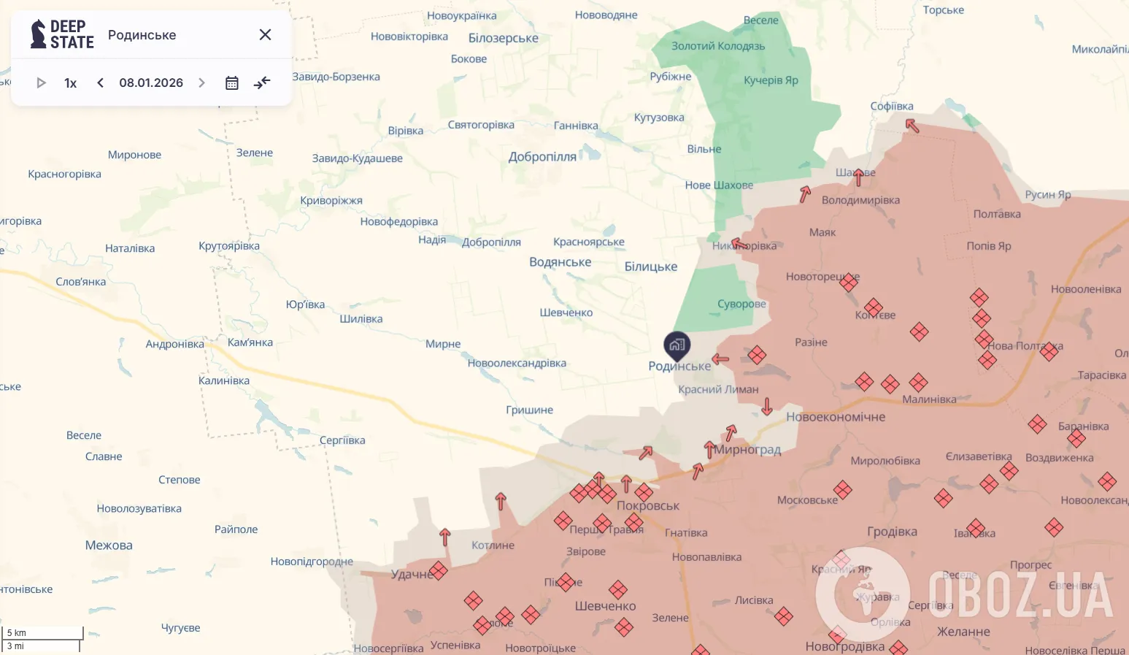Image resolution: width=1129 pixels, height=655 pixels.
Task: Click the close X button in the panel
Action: [265, 35]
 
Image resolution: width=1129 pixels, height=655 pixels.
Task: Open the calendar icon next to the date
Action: [232, 83]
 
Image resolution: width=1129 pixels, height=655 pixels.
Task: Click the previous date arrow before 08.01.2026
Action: [101, 83]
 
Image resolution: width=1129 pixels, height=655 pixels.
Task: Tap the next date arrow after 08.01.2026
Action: [202, 83]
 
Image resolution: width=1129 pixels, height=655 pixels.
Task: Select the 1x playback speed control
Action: [71, 83]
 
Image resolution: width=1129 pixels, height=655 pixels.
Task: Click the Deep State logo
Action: [62, 34]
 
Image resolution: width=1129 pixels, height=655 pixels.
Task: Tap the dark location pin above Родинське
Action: [677, 345]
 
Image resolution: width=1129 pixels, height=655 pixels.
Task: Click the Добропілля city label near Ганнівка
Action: [542, 157]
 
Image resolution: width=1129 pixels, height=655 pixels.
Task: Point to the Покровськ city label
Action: [648, 505]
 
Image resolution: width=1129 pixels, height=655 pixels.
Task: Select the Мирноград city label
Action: [747, 450]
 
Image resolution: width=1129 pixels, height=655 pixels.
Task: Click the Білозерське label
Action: [504, 38]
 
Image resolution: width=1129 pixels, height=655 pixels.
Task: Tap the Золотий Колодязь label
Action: [718, 46]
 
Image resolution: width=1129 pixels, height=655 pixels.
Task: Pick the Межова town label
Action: [109, 545]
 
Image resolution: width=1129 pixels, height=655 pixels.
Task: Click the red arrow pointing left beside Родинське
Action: [720, 359]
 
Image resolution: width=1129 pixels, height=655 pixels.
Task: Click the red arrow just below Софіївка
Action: [912, 126]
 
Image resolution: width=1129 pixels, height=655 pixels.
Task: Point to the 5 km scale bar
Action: [42, 632]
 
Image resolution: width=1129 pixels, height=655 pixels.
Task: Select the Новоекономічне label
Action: [836, 417]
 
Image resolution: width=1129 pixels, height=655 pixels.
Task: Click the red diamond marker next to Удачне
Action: [439, 570]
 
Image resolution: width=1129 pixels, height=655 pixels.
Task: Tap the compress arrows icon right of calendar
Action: [262, 83]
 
